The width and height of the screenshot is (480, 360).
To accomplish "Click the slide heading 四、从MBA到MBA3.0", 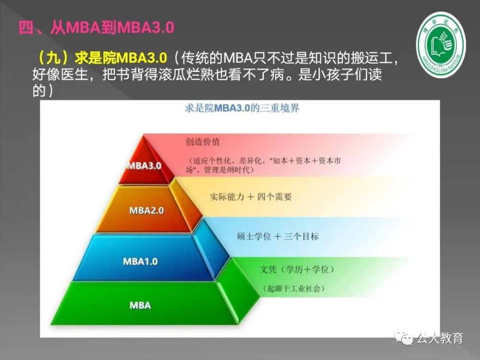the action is [x=96, y=27].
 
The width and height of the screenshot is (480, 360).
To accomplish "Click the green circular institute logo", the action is [x=441, y=45].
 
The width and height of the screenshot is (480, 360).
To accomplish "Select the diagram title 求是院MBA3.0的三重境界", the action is [x=242, y=108].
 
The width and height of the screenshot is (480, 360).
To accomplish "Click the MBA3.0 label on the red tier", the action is [x=144, y=166].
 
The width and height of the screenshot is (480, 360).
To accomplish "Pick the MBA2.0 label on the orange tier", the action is [x=146, y=210].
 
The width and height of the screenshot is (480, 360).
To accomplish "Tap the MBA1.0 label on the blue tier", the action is [x=140, y=261].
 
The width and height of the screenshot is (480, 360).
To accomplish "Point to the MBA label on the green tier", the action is [x=140, y=305].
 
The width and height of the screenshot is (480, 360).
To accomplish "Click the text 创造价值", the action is [x=203, y=142].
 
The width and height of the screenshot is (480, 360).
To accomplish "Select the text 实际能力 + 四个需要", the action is [x=251, y=196].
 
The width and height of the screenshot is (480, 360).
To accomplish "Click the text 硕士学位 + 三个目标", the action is [x=277, y=236].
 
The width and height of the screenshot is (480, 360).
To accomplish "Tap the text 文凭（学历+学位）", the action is [x=297, y=269].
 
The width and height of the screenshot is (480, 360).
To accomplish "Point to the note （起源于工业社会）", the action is [x=293, y=288].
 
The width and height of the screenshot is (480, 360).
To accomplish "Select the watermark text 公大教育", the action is [x=440, y=338].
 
